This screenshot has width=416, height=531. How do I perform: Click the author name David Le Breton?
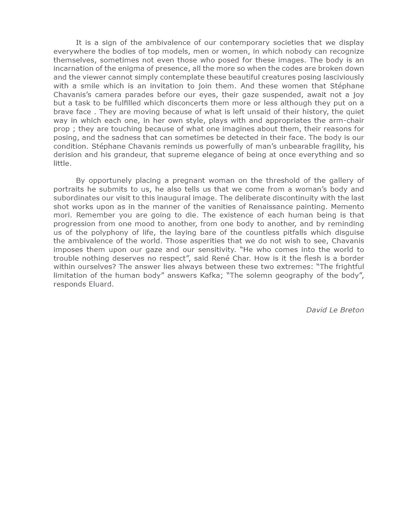click(x=335, y=310)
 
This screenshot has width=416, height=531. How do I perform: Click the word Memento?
click(x=348, y=207)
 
